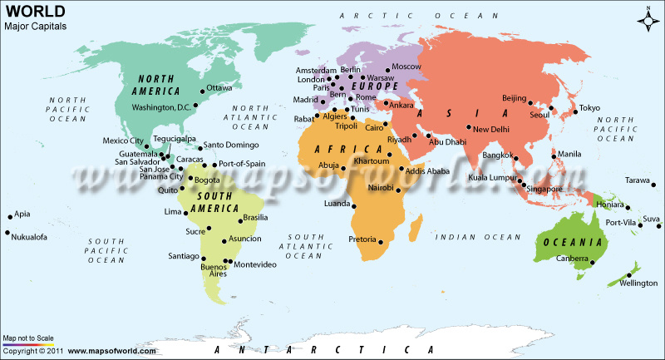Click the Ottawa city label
219,87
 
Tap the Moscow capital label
406,67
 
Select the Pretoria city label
363,239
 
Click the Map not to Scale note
28,338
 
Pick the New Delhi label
491,129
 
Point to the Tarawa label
638,180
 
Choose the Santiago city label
185,256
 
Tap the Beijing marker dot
530,102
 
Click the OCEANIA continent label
573,242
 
